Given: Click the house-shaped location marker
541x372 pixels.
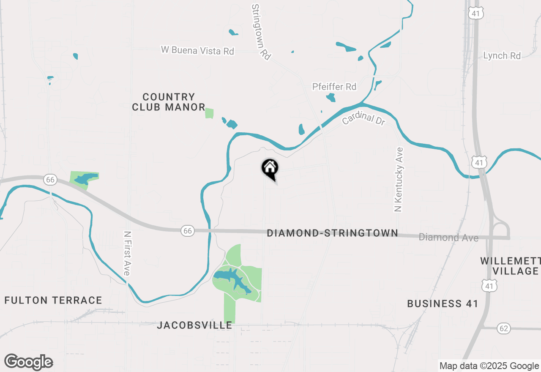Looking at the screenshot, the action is click(x=270, y=168).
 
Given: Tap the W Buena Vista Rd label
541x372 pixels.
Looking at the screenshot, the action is click(x=197, y=50).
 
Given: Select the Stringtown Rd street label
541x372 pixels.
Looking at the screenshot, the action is click(x=261, y=32).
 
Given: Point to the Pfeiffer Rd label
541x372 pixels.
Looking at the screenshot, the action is click(x=334, y=87).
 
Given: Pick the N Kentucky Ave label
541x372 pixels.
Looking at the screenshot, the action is click(x=399, y=179).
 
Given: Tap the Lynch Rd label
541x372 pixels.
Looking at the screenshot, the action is click(x=502, y=56).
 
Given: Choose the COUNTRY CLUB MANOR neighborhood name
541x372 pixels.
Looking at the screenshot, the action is click(x=169, y=102).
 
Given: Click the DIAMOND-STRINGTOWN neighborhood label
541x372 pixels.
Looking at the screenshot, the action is click(x=333, y=233).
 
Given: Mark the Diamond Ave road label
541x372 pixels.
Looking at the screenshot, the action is click(x=448, y=238).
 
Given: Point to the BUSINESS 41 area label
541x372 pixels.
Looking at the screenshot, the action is click(x=443, y=304).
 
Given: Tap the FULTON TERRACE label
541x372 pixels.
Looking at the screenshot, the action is click(x=53, y=300).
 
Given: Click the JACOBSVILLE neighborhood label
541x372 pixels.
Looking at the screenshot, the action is click(x=194, y=325).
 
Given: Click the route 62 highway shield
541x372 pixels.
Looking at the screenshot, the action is click(x=504, y=328).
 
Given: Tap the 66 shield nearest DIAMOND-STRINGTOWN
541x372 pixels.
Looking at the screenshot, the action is click(x=188, y=230).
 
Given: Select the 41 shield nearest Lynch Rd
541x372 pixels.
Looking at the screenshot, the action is click(x=476, y=14).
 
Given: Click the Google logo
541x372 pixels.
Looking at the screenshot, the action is click(x=29, y=362).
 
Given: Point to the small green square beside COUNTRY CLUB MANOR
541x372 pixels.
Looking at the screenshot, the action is click(x=209, y=113).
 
